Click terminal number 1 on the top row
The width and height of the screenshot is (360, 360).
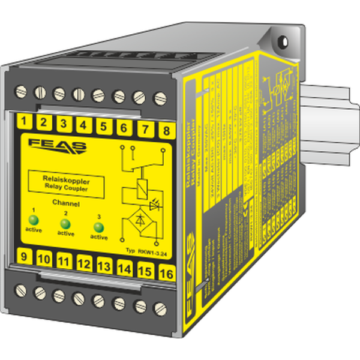[x=23, y=123]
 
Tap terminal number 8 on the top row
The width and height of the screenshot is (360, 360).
[x=166, y=130]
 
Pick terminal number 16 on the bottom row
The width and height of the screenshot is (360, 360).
[x=167, y=273]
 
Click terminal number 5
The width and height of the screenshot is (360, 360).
[x=103, y=127]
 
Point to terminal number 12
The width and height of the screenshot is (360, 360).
[x=85, y=263]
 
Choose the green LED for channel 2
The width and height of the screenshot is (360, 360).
[x=65, y=223]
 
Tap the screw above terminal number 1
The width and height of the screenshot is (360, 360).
[x=21, y=91]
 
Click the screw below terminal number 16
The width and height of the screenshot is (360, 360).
[x=159, y=309]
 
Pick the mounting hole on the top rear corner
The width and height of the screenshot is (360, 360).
[x=283, y=41]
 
